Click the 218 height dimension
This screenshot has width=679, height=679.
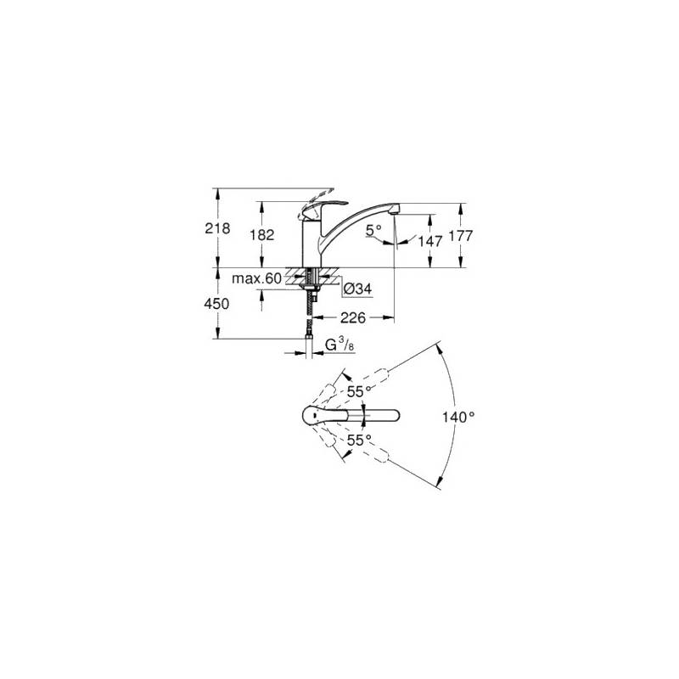(x=217, y=228)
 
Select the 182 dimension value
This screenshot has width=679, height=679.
(x=262, y=235)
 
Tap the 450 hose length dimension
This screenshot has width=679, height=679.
(x=216, y=304)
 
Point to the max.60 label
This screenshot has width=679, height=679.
(x=256, y=278)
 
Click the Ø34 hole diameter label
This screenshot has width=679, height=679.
(x=357, y=289)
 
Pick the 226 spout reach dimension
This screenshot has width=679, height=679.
(x=353, y=317)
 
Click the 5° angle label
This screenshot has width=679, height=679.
(x=373, y=230)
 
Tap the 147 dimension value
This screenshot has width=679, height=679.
(x=430, y=241)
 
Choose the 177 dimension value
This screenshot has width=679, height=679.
(x=461, y=236)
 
